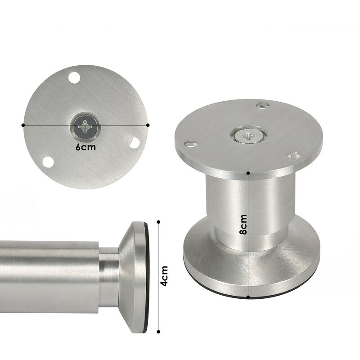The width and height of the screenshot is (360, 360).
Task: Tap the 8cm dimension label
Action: tap(243, 224)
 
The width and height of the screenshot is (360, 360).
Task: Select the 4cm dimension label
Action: tap(164, 276)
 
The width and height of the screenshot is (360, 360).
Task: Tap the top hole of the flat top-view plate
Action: tap(74, 77)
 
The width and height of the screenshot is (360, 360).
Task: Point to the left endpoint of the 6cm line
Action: tap(23, 125)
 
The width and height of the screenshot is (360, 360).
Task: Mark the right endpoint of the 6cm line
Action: tap(148, 125)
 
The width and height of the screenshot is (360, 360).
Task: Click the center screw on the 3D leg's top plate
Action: tap(249, 135)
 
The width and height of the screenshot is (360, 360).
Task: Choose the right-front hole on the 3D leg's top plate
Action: tap(295, 155)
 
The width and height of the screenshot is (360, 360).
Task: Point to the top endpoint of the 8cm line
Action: tap(248, 172)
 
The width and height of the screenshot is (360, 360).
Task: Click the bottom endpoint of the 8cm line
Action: tap(248, 297)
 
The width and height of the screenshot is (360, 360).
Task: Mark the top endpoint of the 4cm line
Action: tap(158, 221)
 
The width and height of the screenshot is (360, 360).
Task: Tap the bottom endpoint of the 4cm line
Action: tap(158, 333)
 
